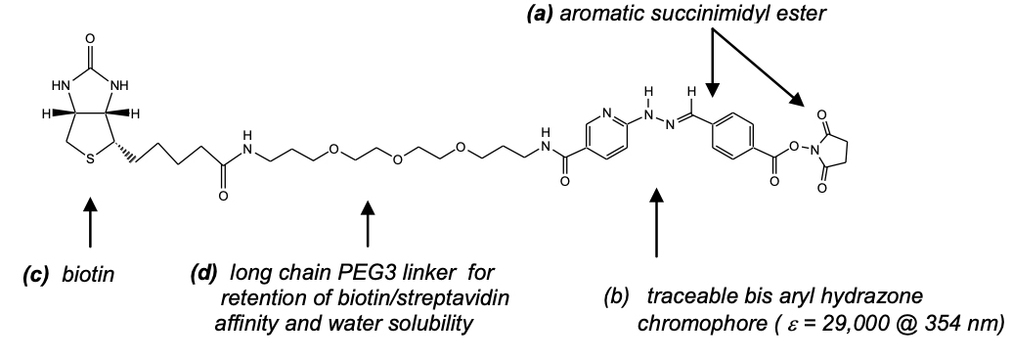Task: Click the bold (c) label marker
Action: point(39,277)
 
